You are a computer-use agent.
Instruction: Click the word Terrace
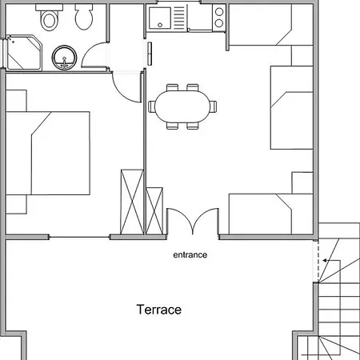(x=159, y=310)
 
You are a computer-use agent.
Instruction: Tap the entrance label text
(x=190, y=256)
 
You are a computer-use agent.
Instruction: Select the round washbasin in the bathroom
(x=64, y=57)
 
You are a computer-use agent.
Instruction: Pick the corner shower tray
(x=20, y=52)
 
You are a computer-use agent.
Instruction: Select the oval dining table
(x=183, y=105)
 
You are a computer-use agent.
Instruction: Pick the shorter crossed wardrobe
(x=154, y=210)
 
